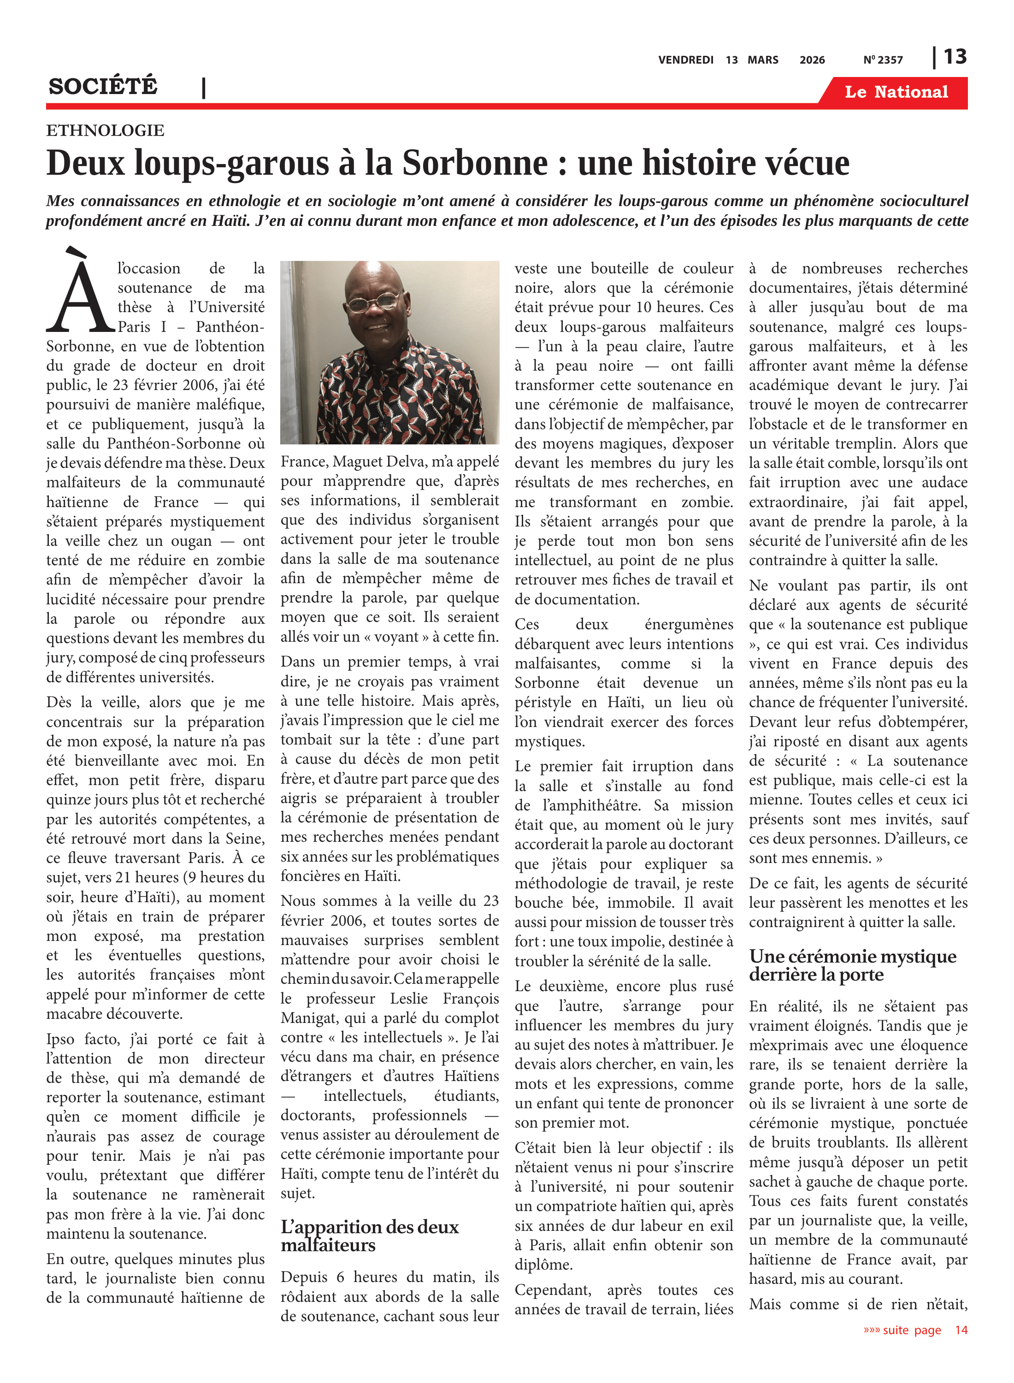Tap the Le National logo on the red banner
(x=896, y=92)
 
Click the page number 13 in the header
(x=955, y=57)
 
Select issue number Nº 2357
(x=883, y=60)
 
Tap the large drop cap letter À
(x=80, y=291)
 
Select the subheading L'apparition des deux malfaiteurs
(x=370, y=1235)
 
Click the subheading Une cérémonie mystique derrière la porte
(x=853, y=965)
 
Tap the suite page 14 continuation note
(x=914, y=1330)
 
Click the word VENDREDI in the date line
(x=686, y=60)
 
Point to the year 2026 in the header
(x=812, y=60)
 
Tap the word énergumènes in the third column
(x=689, y=624)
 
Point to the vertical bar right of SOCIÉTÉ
(x=204, y=88)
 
